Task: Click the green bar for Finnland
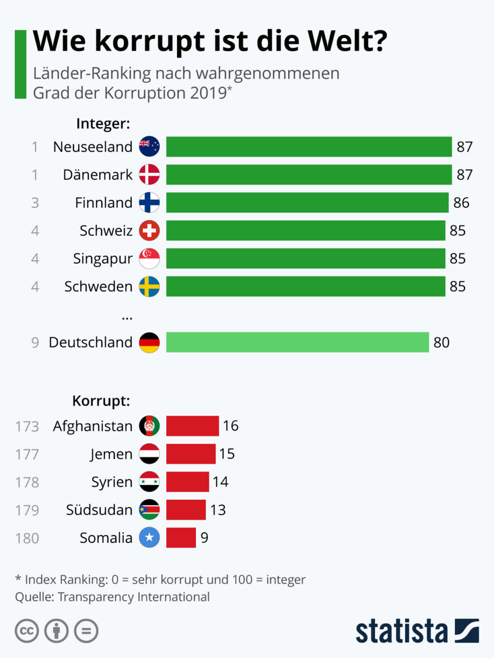pos(307,203)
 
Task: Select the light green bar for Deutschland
pos(297,342)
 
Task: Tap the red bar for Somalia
pos(181,538)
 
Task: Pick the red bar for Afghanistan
pos(192,426)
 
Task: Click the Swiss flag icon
pos(149,231)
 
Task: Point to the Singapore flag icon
pos(149,259)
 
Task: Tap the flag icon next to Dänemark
pos(149,175)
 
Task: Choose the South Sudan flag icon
pos(149,510)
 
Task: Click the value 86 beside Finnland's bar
pos(461,203)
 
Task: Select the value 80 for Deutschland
pos(441,343)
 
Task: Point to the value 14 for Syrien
pos(220,482)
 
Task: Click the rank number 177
pos(27,454)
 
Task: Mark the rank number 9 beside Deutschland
pos(35,343)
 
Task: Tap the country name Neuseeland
pos(93,147)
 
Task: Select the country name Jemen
pos(111,454)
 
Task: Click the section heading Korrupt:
pos(101,401)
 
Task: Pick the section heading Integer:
pos(103,124)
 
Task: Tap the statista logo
pos(417,631)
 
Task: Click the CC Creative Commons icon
pos(27,631)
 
